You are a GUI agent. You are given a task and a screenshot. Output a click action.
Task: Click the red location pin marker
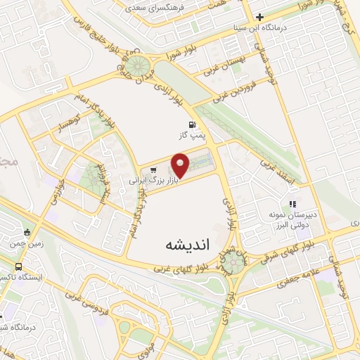pyautogui.click(x=181, y=166)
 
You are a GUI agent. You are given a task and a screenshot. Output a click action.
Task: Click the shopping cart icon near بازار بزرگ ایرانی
pyautogui.click(x=153, y=169)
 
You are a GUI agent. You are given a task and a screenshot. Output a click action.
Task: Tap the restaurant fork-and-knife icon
pyautogui.click(x=293, y=204)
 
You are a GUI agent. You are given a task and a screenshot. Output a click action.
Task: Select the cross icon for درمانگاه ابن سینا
pyautogui.click(x=259, y=18)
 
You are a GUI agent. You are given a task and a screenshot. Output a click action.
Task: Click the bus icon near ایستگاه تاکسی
pyautogui.click(x=18, y=267)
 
